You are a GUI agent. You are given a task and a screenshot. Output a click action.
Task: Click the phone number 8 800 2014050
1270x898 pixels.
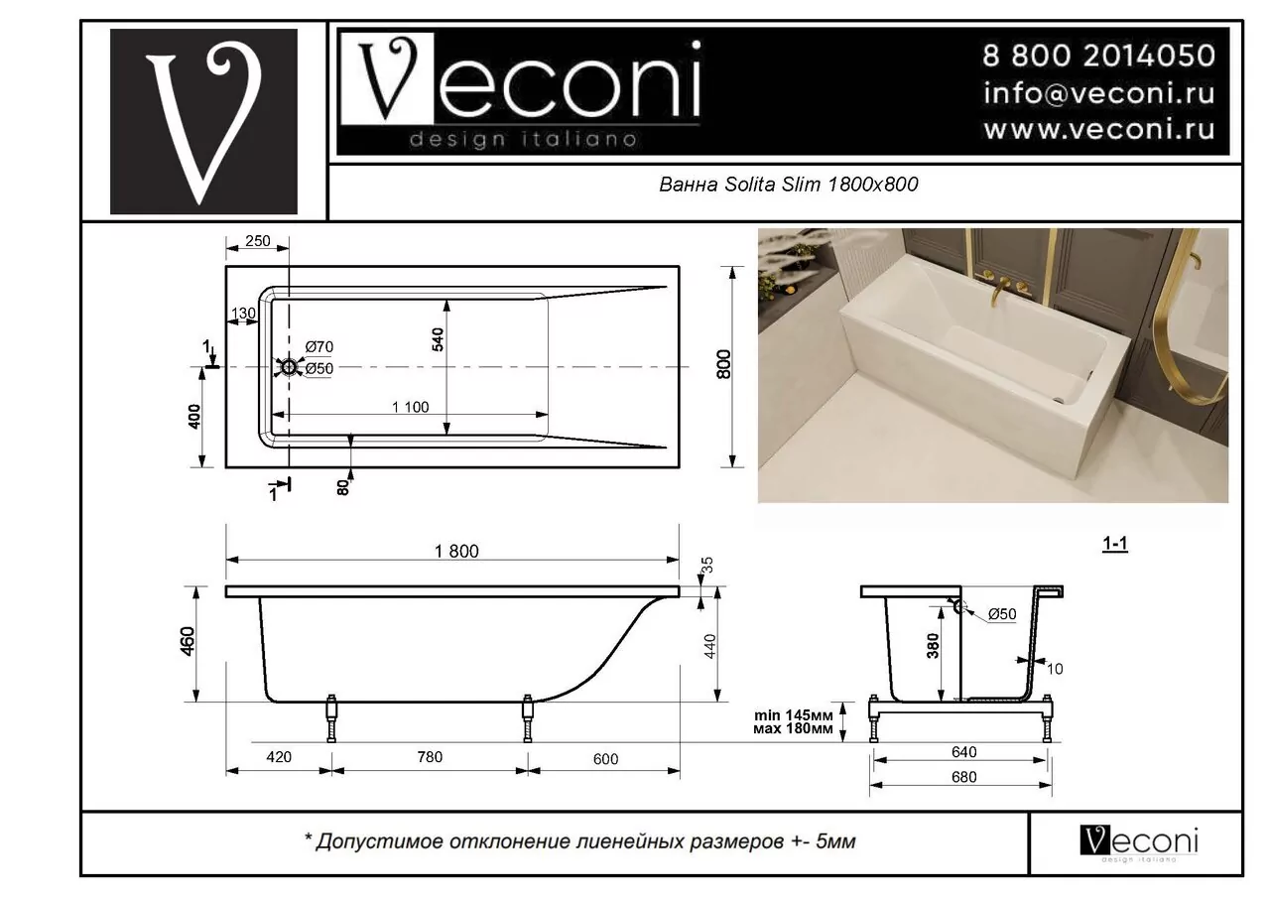pos(1098,55)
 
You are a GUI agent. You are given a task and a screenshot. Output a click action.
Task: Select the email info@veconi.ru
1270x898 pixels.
pos(1098,93)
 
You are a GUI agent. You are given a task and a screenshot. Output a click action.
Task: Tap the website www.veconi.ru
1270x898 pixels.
pos(1098,130)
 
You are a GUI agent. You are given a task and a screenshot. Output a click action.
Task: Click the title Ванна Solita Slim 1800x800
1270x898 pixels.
pos(789,185)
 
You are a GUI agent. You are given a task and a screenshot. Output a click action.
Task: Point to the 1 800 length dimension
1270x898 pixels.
pos(456,552)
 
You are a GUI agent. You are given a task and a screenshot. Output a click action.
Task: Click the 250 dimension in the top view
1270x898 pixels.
pos(257,242)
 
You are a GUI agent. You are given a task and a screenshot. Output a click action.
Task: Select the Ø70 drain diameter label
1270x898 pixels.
pos(319,347)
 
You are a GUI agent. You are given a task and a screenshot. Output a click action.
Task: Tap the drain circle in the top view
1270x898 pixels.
pos(289,368)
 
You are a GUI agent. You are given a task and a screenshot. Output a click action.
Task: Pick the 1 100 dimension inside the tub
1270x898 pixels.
pos(410,406)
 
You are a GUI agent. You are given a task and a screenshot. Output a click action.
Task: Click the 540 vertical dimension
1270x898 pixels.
pos(438,338)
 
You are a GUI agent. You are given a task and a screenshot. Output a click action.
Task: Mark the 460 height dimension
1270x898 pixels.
pos(189,642)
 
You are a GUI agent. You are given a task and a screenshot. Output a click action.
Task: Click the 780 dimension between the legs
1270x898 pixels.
pos(430,758)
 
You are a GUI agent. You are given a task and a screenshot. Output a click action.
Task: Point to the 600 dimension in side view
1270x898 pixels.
pos(604,759)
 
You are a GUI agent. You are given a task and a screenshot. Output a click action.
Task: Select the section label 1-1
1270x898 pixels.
pos(1115,544)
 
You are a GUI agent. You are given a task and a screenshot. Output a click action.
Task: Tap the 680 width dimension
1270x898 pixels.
pos(962,777)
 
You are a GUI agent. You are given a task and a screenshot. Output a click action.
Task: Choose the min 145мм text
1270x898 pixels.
pos(793,715)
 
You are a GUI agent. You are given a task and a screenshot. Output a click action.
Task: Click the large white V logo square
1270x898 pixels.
pos(203,122)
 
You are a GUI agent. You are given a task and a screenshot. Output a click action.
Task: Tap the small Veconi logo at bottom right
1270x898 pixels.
pos(1138,841)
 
